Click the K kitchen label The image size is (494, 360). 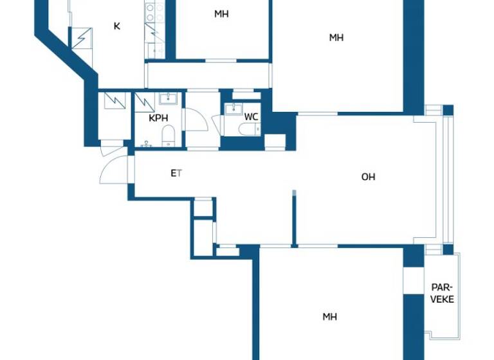point(116,26)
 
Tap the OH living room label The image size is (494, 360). point(368,177)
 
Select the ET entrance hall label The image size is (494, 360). point(176,173)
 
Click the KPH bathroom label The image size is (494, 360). point(159,118)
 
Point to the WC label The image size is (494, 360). point(251,117)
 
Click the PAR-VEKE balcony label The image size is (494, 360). point(442,293)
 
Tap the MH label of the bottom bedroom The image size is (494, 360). point(330,316)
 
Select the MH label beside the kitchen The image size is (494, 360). point(221,14)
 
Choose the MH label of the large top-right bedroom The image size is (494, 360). point(336,38)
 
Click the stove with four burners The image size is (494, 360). point(154,10)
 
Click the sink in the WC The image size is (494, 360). point(235,108)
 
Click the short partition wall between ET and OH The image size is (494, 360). point(294,219)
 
